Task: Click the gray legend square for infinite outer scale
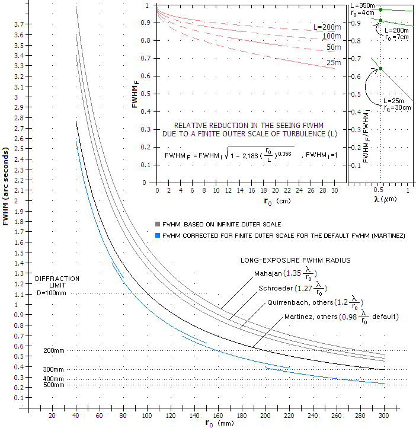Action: tap(158, 224)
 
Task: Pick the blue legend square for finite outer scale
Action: tap(158, 235)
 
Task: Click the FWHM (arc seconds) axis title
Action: tap(6, 187)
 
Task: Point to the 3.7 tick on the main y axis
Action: tap(19, 24)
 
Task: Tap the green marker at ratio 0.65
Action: tap(381, 69)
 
